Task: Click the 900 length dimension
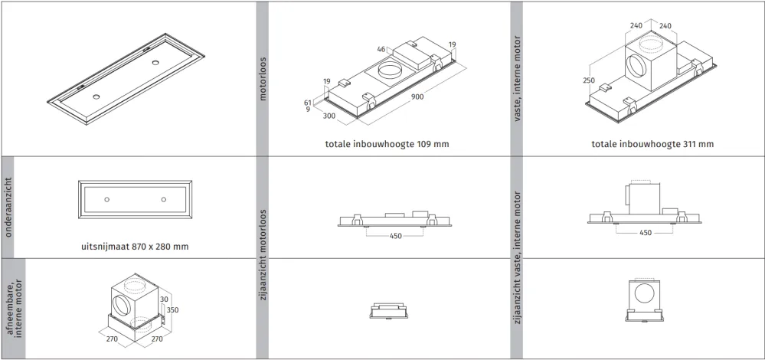[417, 97]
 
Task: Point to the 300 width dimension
[329, 116]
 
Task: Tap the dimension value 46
[381, 49]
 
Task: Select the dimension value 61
[307, 103]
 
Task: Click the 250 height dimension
[589, 80]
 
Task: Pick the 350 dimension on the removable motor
[172, 309]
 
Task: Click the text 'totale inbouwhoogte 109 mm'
[387, 144]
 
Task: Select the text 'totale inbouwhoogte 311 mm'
[652, 144]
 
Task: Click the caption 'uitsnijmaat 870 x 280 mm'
[135, 247]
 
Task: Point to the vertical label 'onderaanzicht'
[8, 208]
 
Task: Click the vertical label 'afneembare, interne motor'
[15, 309]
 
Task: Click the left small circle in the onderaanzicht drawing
[107, 199]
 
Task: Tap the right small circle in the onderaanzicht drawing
[163, 199]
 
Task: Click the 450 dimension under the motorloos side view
[396, 236]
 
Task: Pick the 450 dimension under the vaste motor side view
[645, 233]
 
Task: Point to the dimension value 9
[307, 110]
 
